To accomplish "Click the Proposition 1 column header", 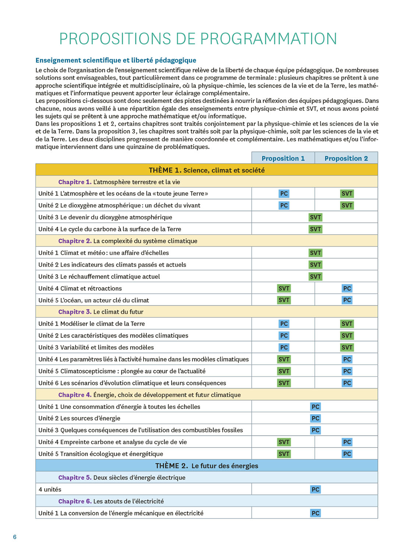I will click(283, 158).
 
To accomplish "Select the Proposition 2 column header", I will click(346, 158).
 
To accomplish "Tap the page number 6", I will click(15, 537).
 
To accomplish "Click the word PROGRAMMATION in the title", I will click(269, 39).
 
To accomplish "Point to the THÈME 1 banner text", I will click(206, 170).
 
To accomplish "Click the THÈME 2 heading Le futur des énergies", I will click(206, 466).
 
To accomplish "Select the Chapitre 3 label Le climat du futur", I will click(101, 312).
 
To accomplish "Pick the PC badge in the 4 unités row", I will click(315, 489).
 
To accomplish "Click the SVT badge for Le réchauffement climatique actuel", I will click(315, 276).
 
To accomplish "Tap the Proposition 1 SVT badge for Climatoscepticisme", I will click(284, 371).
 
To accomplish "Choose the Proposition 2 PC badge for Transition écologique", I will click(347, 454).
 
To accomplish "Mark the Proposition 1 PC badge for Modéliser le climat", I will click(284, 324).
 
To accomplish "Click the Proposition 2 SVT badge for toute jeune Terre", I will click(347, 194).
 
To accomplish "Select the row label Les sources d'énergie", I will click(79, 418).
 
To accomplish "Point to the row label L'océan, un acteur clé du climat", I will click(94, 300).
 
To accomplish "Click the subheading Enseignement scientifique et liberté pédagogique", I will click(116, 60).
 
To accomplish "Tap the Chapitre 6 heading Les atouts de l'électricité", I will click(111, 501).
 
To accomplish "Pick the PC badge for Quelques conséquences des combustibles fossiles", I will click(315, 430).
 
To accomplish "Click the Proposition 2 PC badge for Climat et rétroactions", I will click(347, 289).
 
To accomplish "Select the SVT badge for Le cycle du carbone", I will click(315, 229).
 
